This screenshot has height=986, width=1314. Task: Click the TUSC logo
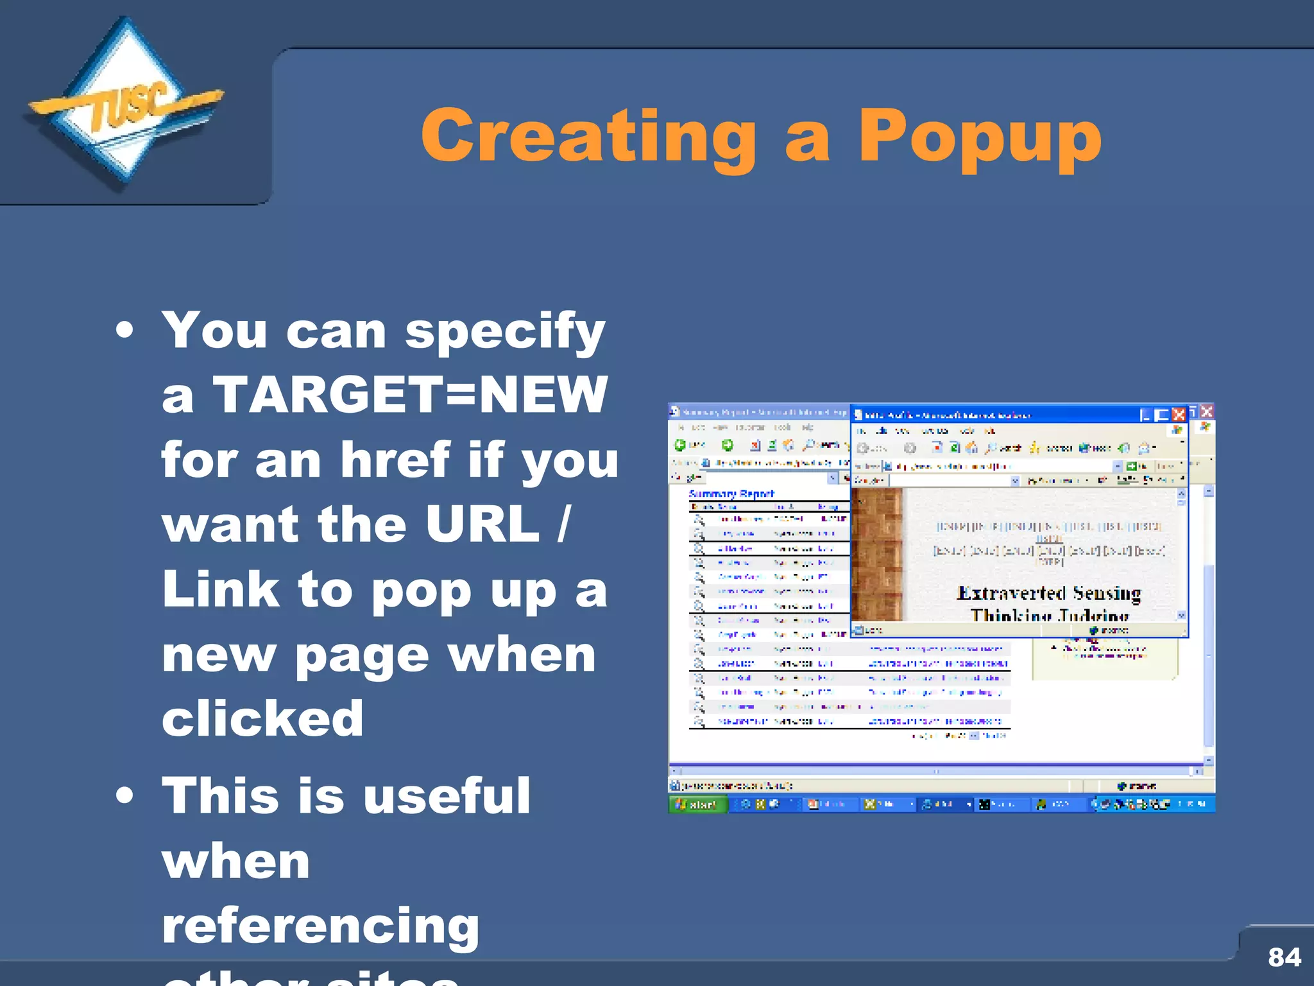(125, 106)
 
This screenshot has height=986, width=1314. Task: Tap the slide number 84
(1284, 957)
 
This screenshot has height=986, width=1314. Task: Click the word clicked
(263, 718)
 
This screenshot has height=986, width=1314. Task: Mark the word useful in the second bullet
(447, 795)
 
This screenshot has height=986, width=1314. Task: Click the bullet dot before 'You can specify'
(125, 331)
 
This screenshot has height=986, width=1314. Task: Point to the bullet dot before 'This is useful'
(125, 796)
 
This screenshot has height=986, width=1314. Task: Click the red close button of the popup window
(1179, 415)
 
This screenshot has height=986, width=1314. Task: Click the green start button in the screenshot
(697, 804)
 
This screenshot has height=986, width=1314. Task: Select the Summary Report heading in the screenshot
(731, 494)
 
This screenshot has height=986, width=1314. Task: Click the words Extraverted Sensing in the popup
(1048, 593)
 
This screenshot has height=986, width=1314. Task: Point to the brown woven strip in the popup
(876, 554)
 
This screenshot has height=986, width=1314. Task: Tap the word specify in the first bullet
(505, 331)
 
